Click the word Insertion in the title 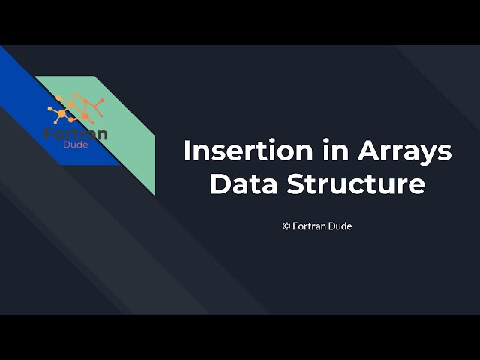238,151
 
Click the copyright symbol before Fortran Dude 286,226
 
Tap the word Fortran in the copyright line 309,226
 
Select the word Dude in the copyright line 340,226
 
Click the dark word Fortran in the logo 76,134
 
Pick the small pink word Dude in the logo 76,145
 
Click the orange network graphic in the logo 76,109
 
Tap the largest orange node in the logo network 61,113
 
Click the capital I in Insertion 187,151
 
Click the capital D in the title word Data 219,184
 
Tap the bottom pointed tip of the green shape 154,195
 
